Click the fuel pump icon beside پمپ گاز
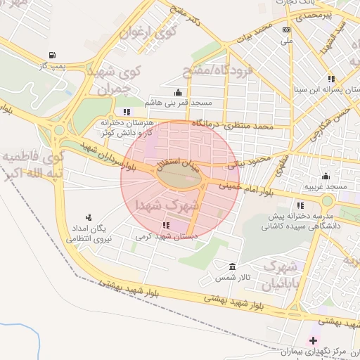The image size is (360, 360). pyautogui.click(x=52, y=55)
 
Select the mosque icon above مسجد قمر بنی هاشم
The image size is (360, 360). pyautogui.click(x=177, y=92)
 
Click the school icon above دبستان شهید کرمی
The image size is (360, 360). pyautogui.click(x=166, y=226)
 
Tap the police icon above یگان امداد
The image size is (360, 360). pyautogui.click(x=89, y=217)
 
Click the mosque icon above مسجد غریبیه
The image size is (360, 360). pyautogui.click(x=325, y=176)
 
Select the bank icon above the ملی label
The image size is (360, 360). pyautogui.click(x=285, y=30)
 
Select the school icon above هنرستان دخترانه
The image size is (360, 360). pyautogui.click(x=127, y=112)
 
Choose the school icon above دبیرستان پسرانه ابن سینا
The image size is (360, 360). pyautogui.click(x=330, y=79)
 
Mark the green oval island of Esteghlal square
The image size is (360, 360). pyautogui.click(x=180, y=179)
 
